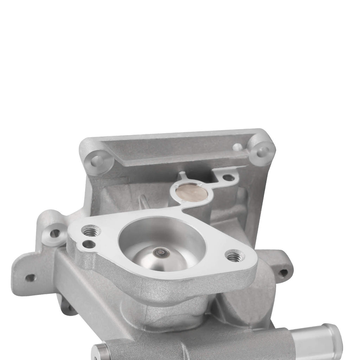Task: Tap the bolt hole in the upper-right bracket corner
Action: coord(261,152)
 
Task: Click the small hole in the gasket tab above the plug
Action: coord(228,178)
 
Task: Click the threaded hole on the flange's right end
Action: coord(233,257)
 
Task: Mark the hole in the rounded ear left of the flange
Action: coord(55,233)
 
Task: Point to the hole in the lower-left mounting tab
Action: coord(31,278)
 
